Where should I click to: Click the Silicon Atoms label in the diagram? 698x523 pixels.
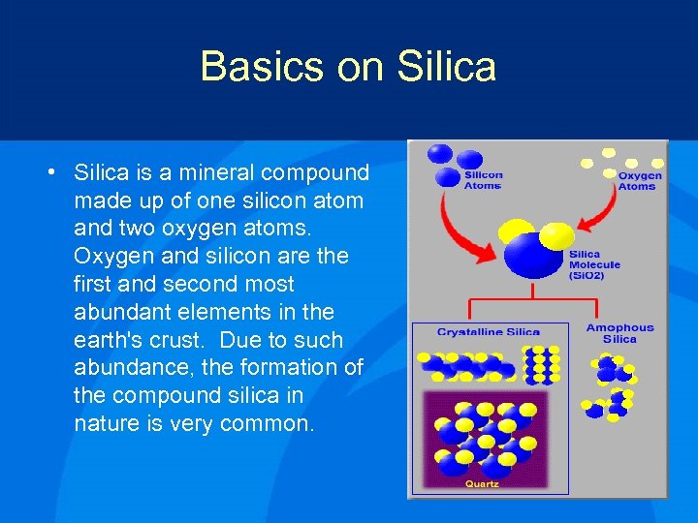coord(483,181)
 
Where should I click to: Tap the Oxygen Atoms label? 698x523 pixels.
coord(640,181)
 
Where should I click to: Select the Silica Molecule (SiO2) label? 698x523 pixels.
coord(594,264)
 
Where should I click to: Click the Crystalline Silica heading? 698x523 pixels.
coord(488,332)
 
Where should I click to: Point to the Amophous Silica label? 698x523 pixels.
coord(619,333)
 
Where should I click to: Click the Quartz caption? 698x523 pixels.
coord(482,484)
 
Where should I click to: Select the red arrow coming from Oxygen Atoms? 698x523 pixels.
coord(601,218)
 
